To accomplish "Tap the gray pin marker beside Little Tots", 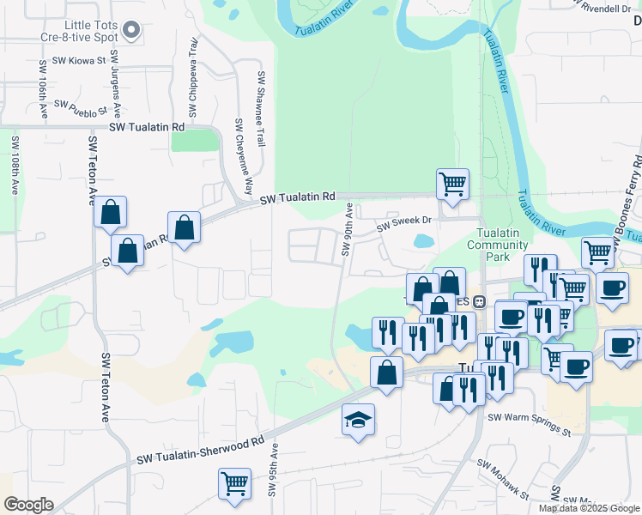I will coord(131,32).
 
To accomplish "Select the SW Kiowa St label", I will coord(78,61).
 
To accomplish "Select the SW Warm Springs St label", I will coord(529,424).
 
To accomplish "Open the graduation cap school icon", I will coord(358,419).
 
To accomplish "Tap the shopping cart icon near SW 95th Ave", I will coord(234,483).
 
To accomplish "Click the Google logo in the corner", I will coord(28,505).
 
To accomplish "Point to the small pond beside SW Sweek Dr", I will coord(423,241).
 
